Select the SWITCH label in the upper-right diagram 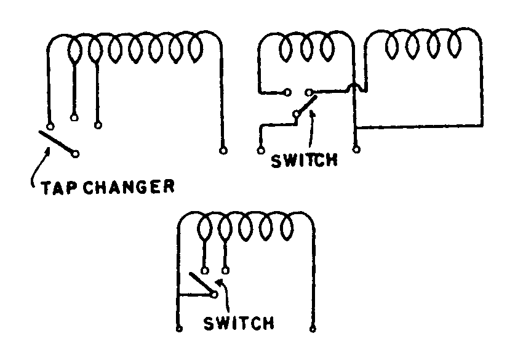[x=305, y=161]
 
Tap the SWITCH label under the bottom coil [x=239, y=322]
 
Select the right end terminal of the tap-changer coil [x=222, y=150]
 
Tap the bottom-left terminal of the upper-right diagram [x=258, y=150]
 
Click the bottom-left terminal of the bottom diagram [x=178, y=329]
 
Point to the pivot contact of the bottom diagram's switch [x=214, y=295]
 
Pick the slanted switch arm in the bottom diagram [x=201, y=284]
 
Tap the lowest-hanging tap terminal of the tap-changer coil [x=97, y=126]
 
